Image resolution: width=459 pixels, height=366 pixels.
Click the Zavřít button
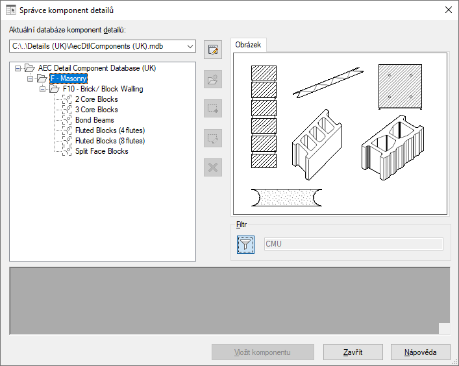(353, 352)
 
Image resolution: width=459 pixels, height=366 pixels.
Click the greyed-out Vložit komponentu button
(262, 352)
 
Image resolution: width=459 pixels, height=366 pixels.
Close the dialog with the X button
(448, 10)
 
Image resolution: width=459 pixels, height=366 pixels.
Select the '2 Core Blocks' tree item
(96, 99)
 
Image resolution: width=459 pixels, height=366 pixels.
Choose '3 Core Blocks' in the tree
(96, 110)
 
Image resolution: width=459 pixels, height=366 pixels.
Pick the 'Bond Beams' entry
(94, 120)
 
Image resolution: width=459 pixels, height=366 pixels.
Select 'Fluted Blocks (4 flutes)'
(110, 130)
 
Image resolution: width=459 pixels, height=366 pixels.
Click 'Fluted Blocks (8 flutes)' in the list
(110, 141)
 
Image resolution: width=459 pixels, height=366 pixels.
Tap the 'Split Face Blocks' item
(101, 151)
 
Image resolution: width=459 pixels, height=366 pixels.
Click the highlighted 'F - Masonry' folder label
(69, 79)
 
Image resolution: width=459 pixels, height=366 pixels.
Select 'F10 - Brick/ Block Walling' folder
(103, 89)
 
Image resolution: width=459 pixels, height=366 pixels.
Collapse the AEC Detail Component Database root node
(18, 68)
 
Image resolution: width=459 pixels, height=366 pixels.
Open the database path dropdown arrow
(190, 46)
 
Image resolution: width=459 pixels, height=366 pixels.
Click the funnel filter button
(245, 244)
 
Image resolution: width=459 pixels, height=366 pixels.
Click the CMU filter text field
(354, 244)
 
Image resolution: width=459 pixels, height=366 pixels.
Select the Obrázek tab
(248, 45)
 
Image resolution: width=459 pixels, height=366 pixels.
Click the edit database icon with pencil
(213, 50)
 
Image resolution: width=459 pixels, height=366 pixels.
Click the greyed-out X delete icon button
(213, 167)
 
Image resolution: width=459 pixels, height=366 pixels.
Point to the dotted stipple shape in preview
(286, 197)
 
